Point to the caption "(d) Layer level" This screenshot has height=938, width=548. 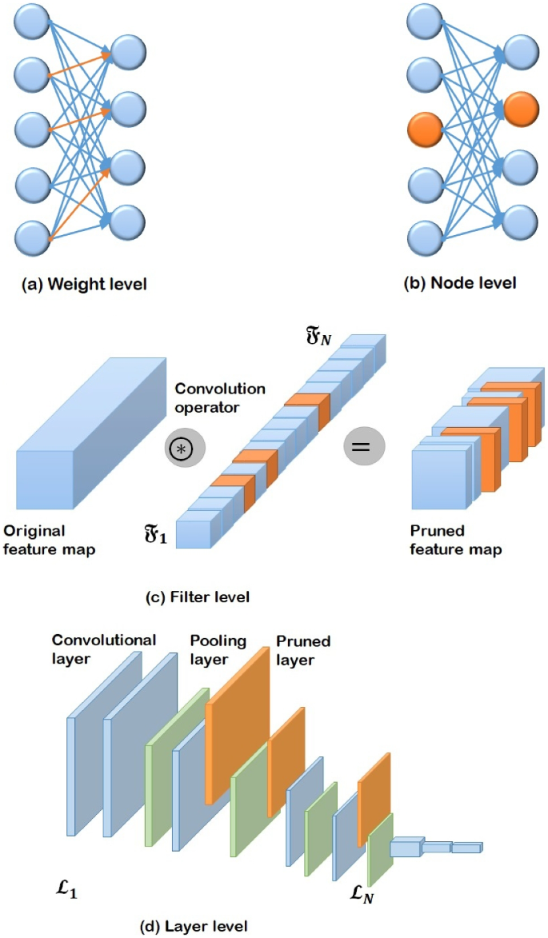click(194, 926)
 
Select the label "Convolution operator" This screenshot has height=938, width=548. click(219, 397)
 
